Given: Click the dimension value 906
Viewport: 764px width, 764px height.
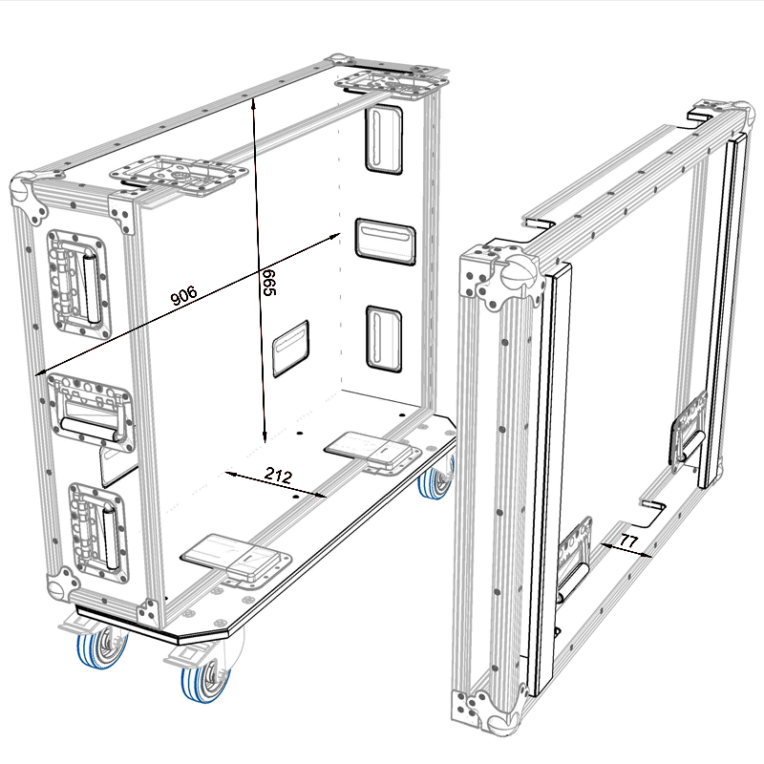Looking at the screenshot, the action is click(184, 295).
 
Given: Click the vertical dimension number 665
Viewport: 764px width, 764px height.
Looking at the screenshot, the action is click(269, 282).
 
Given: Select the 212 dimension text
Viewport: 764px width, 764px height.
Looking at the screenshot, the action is click(278, 475).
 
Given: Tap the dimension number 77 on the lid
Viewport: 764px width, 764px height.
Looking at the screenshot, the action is click(628, 541).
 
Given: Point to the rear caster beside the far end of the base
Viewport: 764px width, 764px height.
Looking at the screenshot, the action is click(436, 480).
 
